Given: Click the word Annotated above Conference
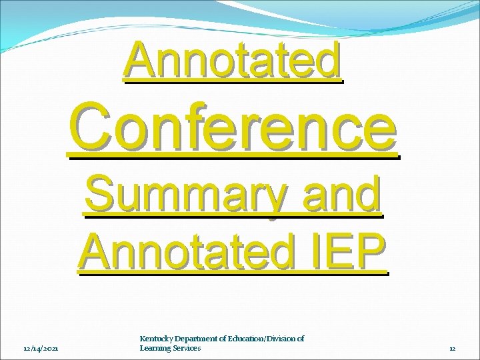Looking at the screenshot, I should [x=233, y=61].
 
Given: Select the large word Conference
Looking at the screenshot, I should [x=233, y=127].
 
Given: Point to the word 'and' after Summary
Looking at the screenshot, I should [x=341, y=195].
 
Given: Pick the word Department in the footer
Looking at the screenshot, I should [x=197, y=339].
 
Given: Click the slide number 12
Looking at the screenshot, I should [x=452, y=348].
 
